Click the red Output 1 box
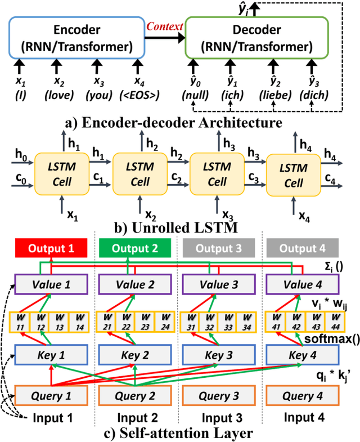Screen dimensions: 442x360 [x=51, y=248]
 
